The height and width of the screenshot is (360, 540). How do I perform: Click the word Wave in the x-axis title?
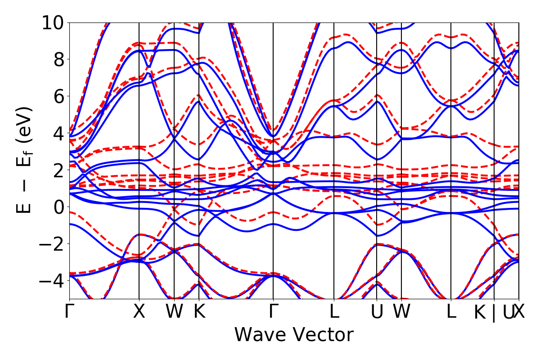point(261,335)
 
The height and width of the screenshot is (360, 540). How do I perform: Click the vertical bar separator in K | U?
point(494,312)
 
